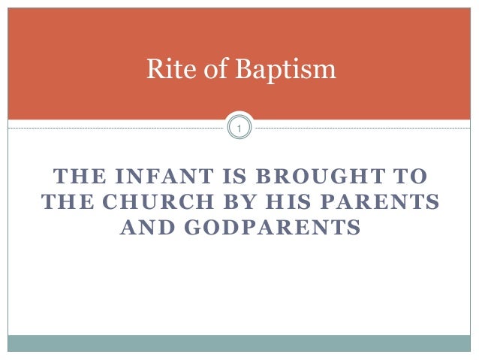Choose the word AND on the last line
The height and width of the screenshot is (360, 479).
pos(145,226)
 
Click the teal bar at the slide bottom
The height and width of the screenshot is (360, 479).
pos(239,343)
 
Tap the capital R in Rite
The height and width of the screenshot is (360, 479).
pos(152,71)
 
